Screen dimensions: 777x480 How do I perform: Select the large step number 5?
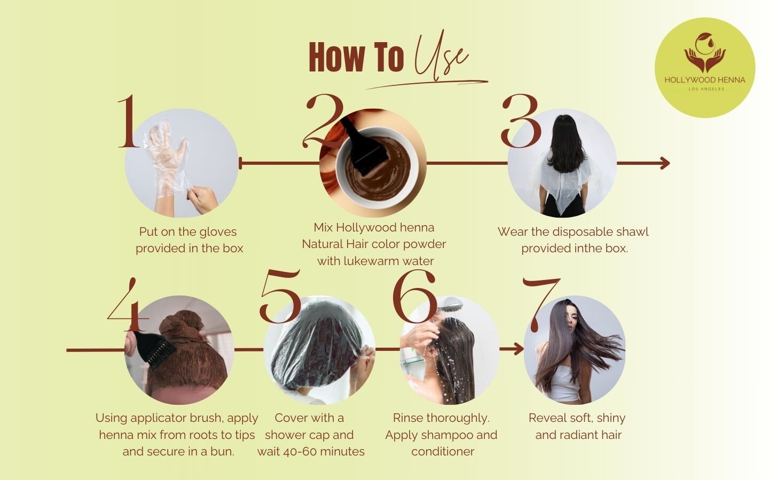pyautogui.click(x=280, y=296)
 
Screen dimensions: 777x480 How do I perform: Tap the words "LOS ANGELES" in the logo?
pyautogui.click(x=706, y=89)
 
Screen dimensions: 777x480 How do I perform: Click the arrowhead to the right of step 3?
pyautogui.click(x=664, y=163)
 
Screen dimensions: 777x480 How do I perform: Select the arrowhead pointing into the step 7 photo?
pyautogui.click(x=518, y=349)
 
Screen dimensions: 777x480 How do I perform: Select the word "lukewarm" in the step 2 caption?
pyautogui.click(x=375, y=261)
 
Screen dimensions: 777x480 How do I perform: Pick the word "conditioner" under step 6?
pyautogui.click(x=443, y=452)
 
